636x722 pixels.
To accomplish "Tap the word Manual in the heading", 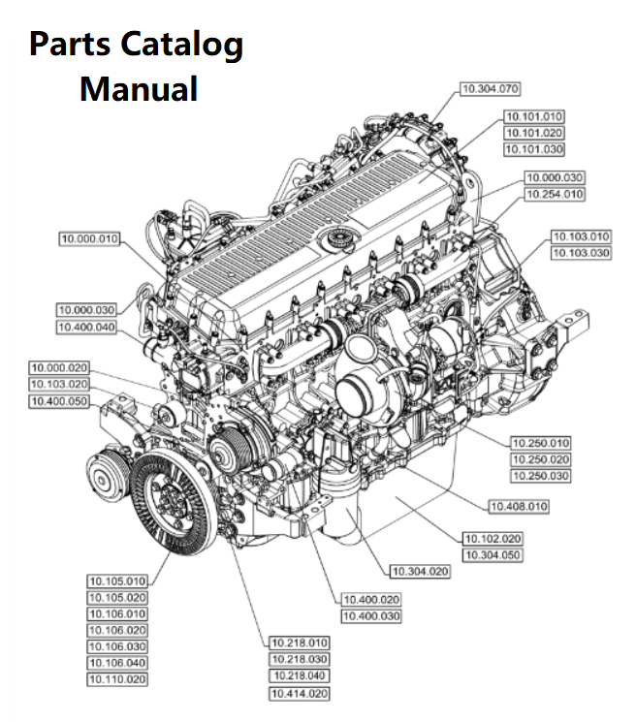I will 139,89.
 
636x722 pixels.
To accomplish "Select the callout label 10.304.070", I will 490,88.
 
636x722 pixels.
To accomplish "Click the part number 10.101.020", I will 532,133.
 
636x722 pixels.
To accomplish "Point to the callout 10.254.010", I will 554,194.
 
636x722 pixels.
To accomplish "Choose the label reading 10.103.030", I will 581,253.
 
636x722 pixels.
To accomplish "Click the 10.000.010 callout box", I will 89,237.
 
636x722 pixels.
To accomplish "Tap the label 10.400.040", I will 86,328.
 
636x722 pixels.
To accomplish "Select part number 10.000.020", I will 59,367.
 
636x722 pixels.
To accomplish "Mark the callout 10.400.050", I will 59,400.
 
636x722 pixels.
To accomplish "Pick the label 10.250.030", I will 540,476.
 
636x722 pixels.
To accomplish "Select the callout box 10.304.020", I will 421,571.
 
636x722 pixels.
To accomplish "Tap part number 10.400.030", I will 370,615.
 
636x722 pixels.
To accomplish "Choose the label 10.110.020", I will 117,679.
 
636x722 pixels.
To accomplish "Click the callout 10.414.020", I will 299,693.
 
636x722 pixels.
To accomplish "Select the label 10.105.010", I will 117,581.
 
